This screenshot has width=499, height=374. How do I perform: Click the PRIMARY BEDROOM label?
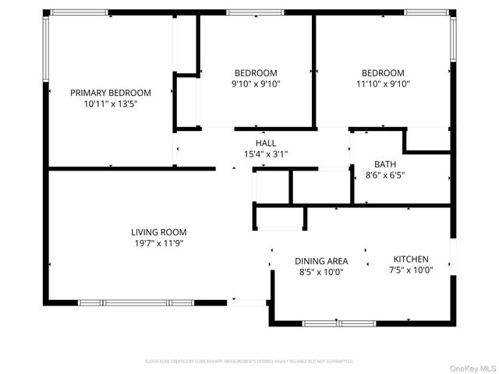(x=111, y=93)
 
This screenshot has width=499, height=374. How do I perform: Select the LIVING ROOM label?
(x=158, y=232)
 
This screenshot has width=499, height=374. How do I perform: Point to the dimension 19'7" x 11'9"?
(x=158, y=243)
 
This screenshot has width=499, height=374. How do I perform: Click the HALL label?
(x=266, y=143)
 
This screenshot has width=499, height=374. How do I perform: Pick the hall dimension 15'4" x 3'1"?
(x=266, y=154)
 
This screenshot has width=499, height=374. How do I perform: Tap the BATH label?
(x=385, y=164)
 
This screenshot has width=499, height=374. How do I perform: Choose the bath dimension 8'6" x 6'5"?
(x=385, y=175)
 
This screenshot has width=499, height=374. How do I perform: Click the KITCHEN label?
(x=412, y=259)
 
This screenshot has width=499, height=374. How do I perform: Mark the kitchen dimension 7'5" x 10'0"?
(x=412, y=270)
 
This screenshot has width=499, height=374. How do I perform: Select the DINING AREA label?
(x=321, y=261)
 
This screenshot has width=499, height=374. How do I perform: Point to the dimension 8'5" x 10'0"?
(x=321, y=272)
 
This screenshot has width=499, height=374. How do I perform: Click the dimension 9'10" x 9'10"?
(x=256, y=84)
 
